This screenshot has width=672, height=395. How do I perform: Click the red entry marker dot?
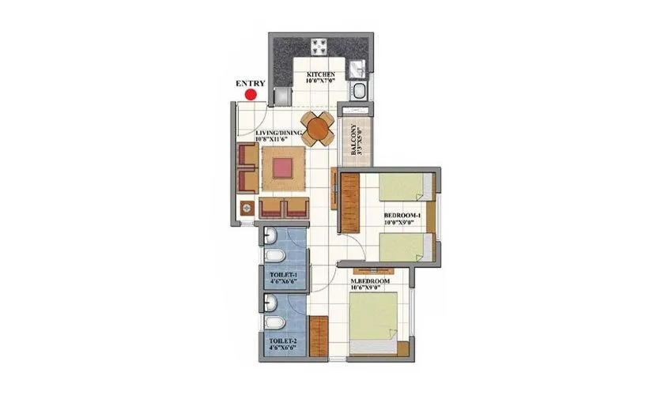coord(251,95)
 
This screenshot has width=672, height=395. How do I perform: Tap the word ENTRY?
coord(250,81)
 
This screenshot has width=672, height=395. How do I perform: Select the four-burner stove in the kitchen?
coord(323,45)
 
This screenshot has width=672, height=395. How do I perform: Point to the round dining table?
coord(318,129)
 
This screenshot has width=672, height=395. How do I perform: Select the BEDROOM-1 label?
coord(402,215)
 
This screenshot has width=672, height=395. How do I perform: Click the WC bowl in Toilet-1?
coord(272,259)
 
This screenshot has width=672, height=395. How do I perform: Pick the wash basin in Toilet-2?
coord(270,303)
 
